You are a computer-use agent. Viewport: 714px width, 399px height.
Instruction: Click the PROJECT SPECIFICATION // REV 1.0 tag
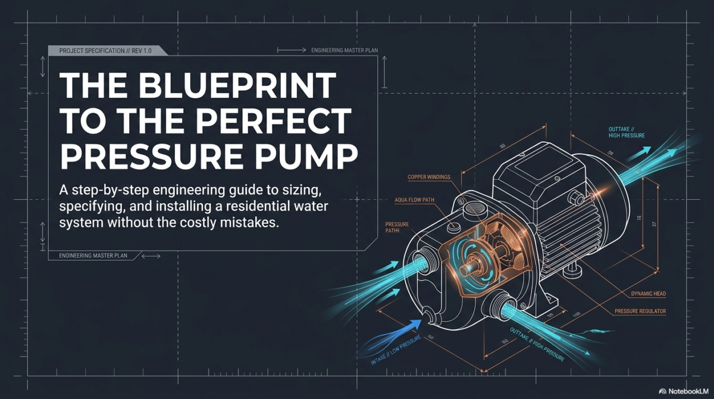(x=106, y=51)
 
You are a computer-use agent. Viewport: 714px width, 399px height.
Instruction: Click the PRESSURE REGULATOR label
(x=639, y=311)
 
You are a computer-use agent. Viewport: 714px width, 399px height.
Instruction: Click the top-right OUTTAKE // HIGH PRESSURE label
(x=625, y=132)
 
